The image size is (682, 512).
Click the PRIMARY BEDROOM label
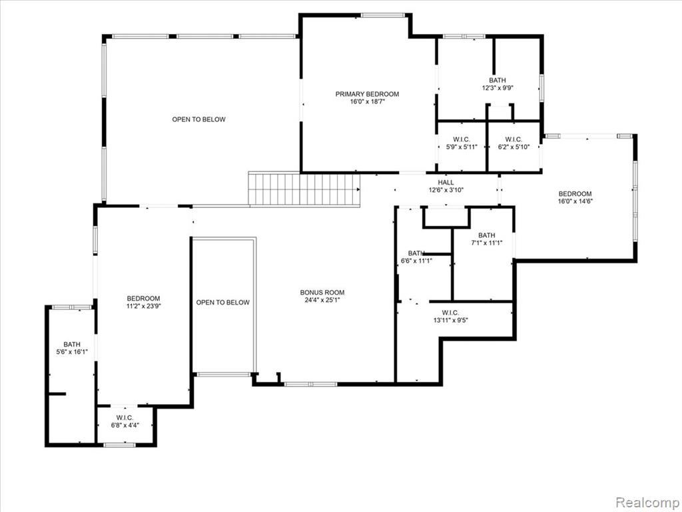click(x=367, y=94)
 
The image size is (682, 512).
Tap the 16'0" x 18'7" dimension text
click(x=368, y=102)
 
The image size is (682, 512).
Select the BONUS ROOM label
click(x=322, y=293)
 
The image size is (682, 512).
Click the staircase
click(x=304, y=189)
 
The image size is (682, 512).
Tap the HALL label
click(x=446, y=183)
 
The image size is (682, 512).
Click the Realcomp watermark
click(x=647, y=502)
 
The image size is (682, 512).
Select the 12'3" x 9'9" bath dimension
click(x=498, y=88)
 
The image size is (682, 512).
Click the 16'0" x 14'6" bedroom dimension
click(x=575, y=201)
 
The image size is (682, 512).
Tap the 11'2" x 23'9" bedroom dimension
click(x=144, y=306)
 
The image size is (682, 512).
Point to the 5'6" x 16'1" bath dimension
click(x=72, y=352)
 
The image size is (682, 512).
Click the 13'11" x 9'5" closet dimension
click(x=451, y=321)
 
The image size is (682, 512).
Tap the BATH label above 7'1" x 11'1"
click(x=487, y=235)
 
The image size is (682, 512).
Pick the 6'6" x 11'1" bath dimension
click(x=416, y=261)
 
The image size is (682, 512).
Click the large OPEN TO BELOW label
click(x=198, y=119)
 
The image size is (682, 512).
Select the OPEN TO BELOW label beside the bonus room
click(x=222, y=303)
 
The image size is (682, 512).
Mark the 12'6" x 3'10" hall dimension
click(x=446, y=190)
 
